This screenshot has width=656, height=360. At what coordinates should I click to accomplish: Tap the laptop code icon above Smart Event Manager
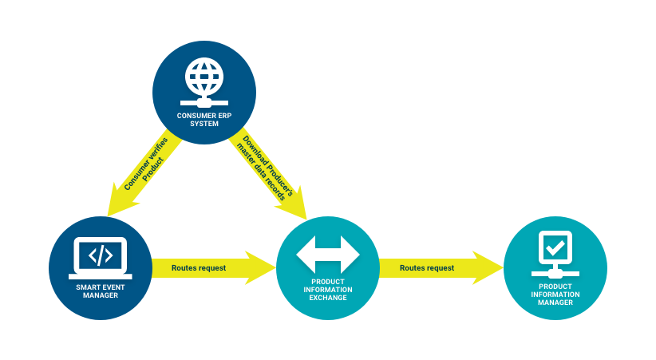pyautogui.click(x=100, y=257)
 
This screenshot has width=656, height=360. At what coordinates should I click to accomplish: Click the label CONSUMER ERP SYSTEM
pyautogui.click(x=204, y=119)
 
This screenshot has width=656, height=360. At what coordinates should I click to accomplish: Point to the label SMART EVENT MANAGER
pyautogui.click(x=100, y=291)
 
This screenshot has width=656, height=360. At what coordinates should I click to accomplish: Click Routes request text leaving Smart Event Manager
pyautogui.click(x=199, y=268)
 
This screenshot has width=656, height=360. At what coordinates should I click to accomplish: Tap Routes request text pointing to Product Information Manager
pyautogui.click(x=427, y=268)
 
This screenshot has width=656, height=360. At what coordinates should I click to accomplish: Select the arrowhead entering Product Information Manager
pyautogui.click(x=488, y=268)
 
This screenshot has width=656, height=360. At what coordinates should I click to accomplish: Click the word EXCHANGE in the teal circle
pyautogui.click(x=328, y=299)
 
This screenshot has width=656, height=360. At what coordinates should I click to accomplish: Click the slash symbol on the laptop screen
pyautogui.click(x=100, y=255)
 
